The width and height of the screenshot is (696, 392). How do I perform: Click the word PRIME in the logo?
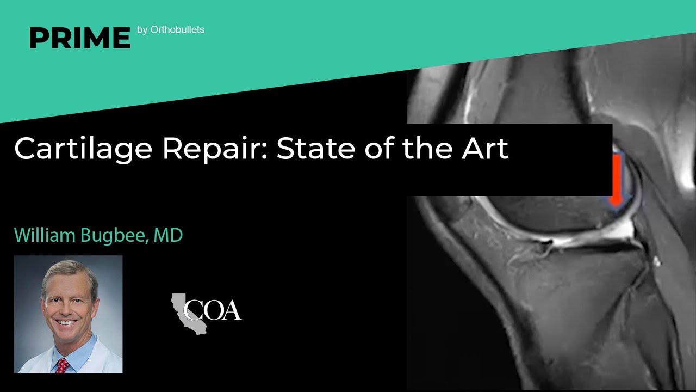pos(80,38)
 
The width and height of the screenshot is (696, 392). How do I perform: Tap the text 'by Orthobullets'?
pos(171,30)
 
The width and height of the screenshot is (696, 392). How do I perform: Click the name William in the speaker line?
pos(45,235)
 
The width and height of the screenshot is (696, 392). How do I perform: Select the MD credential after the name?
pos(168,235)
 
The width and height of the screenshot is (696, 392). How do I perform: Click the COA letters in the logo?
pos(213,310)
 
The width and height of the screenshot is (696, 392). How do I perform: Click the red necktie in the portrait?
pos(63,365)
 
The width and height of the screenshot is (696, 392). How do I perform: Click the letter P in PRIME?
pos(39,38)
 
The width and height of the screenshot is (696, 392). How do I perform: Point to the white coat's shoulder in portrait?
pos(106,357)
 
